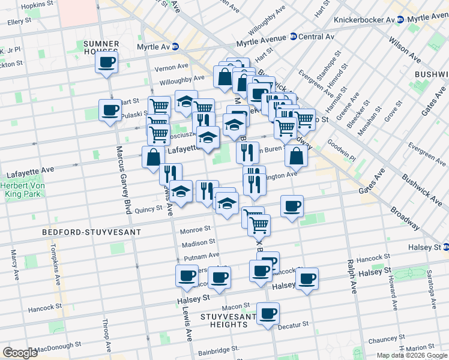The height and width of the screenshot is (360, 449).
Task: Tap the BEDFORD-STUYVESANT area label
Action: (x=92, y=232)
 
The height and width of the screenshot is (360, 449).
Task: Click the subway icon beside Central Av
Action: (x=294, y=37)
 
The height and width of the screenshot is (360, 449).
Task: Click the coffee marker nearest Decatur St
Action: (x=268, y=313)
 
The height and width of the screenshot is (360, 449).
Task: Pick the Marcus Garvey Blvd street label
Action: (x=123, y=181)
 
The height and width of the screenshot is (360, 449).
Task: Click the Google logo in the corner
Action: (x=20, y=353)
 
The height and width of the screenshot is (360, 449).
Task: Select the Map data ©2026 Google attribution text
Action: (x=411, y=355)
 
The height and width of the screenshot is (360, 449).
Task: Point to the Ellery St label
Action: (x=19, y=22)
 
